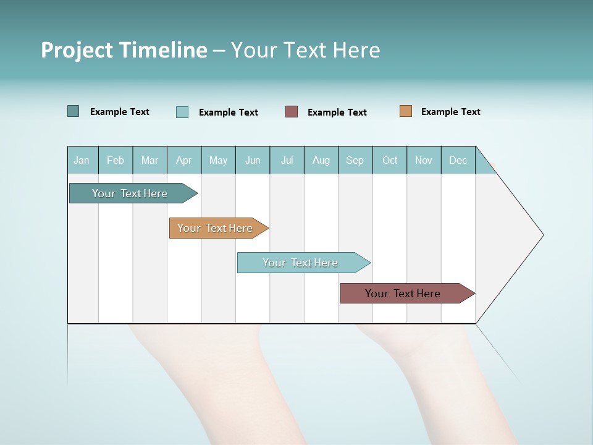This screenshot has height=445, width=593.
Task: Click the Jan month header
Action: [x=82, y=160]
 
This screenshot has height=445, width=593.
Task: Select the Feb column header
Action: [x=116, y=160]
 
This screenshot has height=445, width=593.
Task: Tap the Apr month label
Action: [x=183, y=160]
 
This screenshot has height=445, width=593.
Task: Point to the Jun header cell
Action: [x=253, y=160]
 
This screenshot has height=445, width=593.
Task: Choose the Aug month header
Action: [x=321, y=160]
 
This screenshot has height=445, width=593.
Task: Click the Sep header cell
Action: [x=355, y=160]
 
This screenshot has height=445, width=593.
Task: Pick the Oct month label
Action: [x=390, y=160]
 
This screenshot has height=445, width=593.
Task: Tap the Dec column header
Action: [x=458, y=160]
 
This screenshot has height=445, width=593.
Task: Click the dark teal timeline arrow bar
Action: [x=130, y=193]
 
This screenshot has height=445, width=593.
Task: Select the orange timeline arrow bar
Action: [x=216, y=228]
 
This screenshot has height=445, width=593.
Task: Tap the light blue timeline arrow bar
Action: [x=301, y=263]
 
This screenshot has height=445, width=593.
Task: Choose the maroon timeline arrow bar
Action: [x=403, y=294]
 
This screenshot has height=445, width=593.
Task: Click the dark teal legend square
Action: [x=74, y=111]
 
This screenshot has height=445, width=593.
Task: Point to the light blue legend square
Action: [x=182, y=112]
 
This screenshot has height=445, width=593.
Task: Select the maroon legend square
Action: [x=292, y=111]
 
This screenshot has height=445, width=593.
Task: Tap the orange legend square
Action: [x=406, y=111]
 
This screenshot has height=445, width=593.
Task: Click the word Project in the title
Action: [x=76, y=50]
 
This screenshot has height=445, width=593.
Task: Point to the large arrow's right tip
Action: [x=542, y=235]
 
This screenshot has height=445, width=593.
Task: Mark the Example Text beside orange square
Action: [x=450, y=112]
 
